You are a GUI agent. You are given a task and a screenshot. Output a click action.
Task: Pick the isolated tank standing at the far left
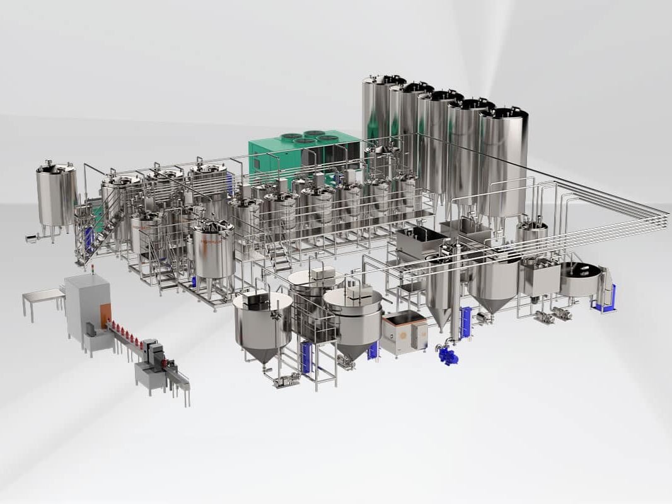(55, 195)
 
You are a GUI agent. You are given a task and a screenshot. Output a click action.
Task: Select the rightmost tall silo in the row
(502, 164)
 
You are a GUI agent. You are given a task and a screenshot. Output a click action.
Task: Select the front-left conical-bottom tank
(262, 321)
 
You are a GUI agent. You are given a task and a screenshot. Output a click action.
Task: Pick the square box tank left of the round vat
(539, 277)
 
